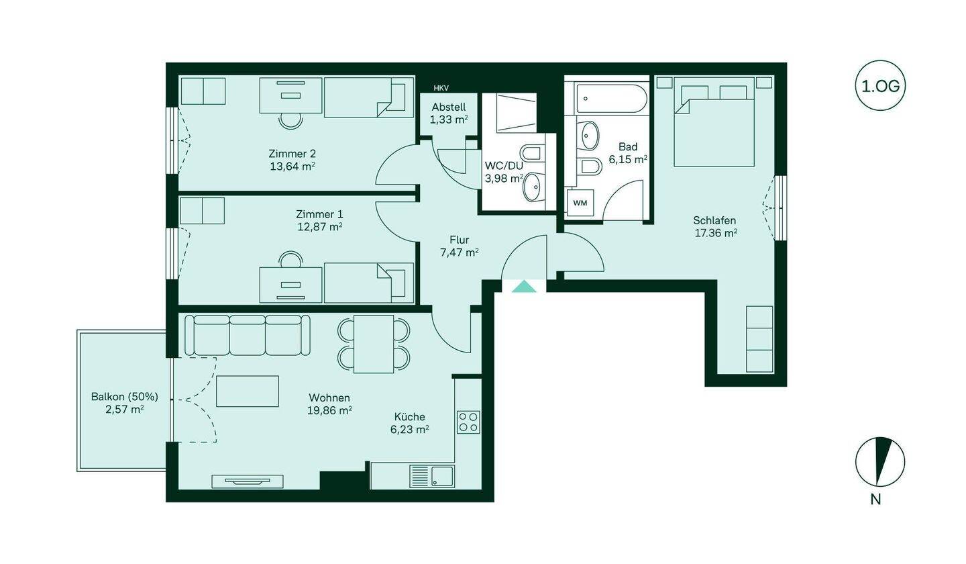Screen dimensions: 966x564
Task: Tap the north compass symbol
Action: click(x=879, y=462)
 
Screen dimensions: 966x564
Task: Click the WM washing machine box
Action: click(x=580, y=203)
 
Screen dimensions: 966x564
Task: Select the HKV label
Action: click(x=441, y=88)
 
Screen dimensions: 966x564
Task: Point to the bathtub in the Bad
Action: click(x=606, y=99)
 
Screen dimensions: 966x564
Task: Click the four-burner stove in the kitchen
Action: click(x=468, y=422)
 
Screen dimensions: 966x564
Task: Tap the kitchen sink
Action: click(x=432, y=477)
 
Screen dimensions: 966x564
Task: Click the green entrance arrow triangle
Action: click(x=524, y=287)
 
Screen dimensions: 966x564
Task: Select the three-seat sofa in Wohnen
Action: click(x=248, y=335)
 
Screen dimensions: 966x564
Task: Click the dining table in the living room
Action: click(x=374, y=344)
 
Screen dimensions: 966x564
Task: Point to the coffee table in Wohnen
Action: click(x=248, y=391)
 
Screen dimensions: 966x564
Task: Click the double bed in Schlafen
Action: click(x=714, y=125)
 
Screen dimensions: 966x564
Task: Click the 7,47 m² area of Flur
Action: click(x=459, y=252)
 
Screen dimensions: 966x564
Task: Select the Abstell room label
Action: click(x=449, y=107)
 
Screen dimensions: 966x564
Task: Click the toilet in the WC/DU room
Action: click(x=532, y=154)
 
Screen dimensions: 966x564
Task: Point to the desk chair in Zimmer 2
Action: click(x=290, y=120)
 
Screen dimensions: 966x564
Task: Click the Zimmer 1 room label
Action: click(x=319, y=214)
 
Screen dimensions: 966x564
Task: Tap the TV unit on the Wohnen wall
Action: click(x=248, y=481)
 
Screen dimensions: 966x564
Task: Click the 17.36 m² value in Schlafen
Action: click(x=715, y=234)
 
